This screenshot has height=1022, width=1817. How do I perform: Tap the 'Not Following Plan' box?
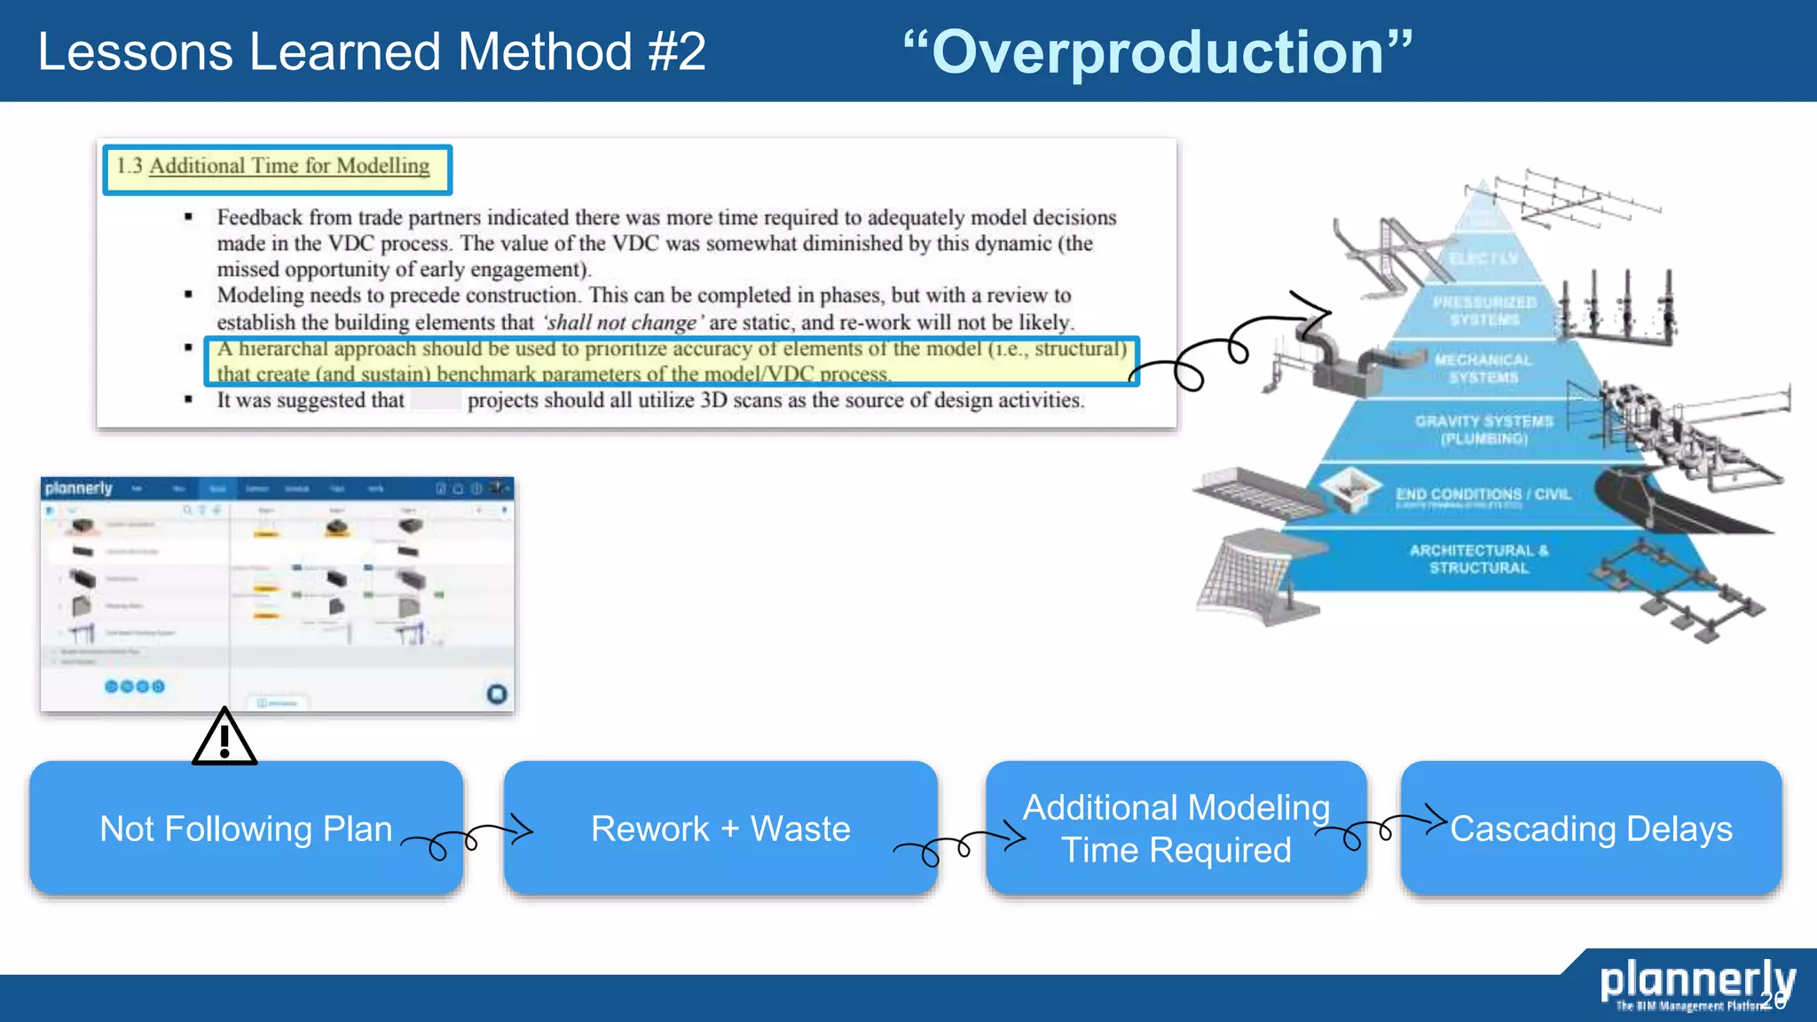[x=246, y=828]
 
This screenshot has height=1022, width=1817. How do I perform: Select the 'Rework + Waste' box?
[x=720, y=828]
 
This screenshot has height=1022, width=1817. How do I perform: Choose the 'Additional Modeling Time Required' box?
[x=1176, y=828]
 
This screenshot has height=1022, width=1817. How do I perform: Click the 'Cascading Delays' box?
[x=1590, y=828]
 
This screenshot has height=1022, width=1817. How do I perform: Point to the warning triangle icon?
[x=224, y=738]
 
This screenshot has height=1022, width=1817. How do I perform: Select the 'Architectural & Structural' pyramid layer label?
[x=1479, y=559]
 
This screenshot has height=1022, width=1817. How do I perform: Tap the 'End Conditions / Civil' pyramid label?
[x=1483, y=494]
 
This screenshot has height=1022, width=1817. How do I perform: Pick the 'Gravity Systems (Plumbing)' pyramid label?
[x=1483, y=429]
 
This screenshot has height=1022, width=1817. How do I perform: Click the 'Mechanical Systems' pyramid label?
[x=1483, y=368]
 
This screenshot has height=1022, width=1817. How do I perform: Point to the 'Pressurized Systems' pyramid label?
[x=1484, y=311]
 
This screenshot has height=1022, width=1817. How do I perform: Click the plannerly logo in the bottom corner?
[x=1696, y=983]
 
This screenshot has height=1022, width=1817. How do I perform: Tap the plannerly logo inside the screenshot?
[x=79, y=489]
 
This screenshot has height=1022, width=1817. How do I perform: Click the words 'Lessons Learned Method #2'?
[x=372, y=51]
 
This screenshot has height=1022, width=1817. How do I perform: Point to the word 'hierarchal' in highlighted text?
[x=283, y=349]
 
